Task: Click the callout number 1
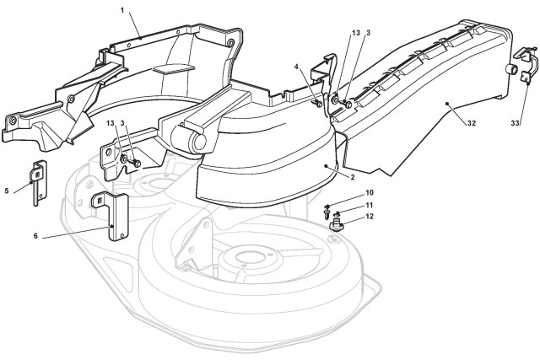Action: (x=122, y=9)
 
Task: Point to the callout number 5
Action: (x=8, y=191)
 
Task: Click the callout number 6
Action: (x=35, y=237)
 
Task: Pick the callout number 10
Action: (x=370, y=193)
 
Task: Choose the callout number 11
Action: (x=370, y=206)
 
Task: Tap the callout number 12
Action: (x=370, y=218)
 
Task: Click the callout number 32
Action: (x=471, y=123)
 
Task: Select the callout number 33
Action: (x=516, y=124)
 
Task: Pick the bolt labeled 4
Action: (x=316, y=103)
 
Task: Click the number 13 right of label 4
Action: (x=357, y=33)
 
